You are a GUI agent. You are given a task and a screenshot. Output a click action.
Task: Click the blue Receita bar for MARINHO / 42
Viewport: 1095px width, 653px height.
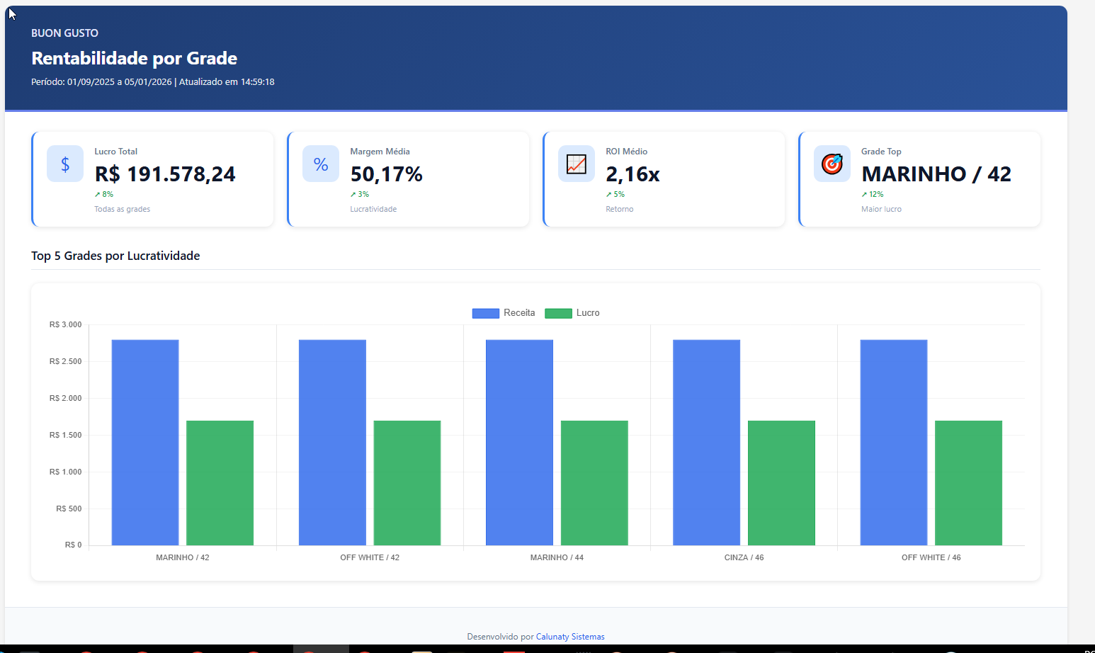[x=145, y=443]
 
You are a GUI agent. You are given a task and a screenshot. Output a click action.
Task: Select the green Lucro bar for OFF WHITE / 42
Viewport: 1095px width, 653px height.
[x=407, y=483]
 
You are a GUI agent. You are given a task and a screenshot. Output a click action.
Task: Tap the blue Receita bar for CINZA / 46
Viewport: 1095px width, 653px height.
[x=706, y=443]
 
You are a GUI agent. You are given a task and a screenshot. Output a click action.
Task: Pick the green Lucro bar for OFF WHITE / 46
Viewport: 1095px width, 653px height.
[x=968, y=483]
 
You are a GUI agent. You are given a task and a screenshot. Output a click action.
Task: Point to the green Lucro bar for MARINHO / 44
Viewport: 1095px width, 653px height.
[x=594, y=483]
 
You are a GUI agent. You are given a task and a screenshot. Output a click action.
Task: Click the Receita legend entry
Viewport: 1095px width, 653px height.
[x=504, y=313]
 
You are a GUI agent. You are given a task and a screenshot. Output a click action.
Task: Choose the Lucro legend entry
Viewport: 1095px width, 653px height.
[x=572, y=313]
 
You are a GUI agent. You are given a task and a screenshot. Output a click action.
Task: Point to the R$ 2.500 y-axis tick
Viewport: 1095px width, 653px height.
[x=66, y=362]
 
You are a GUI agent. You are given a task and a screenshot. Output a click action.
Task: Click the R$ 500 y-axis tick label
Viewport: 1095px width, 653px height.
[x=69, y=509]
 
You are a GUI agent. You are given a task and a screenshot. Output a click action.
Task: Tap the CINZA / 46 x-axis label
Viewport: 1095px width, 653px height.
[x=744, y=558]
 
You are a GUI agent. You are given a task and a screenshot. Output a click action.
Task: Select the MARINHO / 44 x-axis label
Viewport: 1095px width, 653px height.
[x=557, y=558]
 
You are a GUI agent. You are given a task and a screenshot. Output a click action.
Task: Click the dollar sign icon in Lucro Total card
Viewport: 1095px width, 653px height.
[x=65, y=164]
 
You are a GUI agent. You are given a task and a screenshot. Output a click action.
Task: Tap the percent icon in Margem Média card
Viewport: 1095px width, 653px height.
[x=321, y=164]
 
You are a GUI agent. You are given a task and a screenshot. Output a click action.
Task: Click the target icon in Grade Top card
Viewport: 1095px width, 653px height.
[x=832, y=164]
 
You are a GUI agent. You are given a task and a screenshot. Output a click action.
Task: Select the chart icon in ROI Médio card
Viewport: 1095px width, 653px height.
[x=577, y=164]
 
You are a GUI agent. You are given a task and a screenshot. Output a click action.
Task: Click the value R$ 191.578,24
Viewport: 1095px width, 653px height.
[x=165, y=174]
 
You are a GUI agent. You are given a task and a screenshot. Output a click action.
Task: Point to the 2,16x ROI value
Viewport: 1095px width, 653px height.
[x=632, y=174]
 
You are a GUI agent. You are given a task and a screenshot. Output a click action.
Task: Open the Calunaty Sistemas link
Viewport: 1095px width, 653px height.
[x=570, y=637]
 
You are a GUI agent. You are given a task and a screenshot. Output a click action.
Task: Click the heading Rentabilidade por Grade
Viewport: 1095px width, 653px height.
[x=135, y=58]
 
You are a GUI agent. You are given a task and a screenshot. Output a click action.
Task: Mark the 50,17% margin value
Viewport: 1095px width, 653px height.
[x=386, y=174]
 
